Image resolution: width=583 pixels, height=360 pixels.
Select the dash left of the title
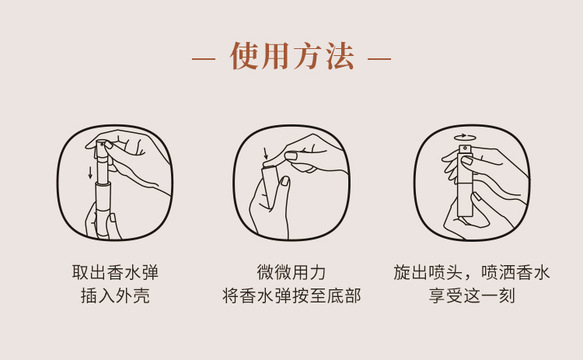[x=203, y=58]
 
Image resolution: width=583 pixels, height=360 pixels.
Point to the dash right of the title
[x=379, y=58]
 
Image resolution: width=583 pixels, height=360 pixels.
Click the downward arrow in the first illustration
[x=90, y=172]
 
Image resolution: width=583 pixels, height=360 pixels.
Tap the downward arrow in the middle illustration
[x=265, y=153]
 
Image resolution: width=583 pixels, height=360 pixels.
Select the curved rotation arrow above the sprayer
[x=465, y=137]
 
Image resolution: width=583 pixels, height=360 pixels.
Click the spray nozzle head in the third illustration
[x=465, y=149]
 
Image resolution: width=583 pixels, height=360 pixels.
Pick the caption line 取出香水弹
[x=115, y=272]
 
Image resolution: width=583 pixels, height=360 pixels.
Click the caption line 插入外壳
[x=115, y=296]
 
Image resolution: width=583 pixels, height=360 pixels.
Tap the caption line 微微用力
[x=291, y=272]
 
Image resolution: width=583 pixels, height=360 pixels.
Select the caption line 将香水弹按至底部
[x=291, y=296]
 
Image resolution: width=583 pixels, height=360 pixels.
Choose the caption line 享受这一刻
[x=472, y=296]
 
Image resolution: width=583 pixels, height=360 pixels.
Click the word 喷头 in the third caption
[x=445, y=272]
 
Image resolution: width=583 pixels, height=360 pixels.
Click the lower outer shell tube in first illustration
[x=103, y=206]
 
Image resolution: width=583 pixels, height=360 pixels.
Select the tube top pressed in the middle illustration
[x=269, y=165]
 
